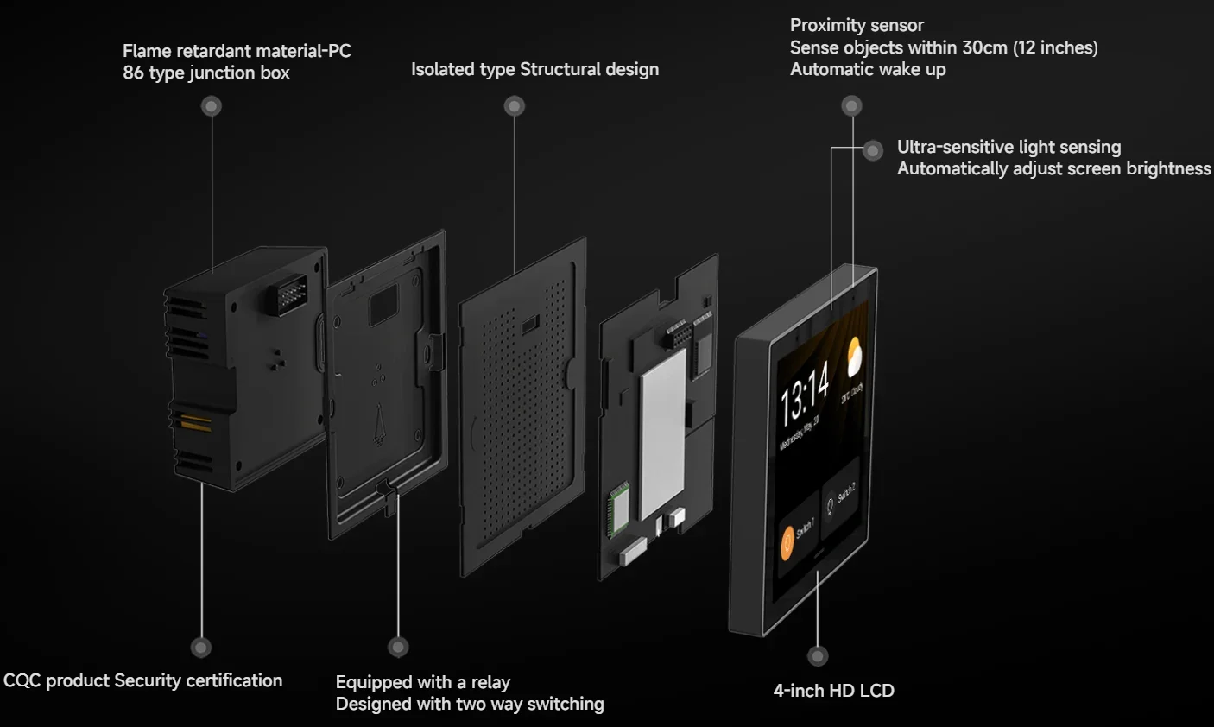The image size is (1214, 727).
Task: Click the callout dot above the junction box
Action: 212,105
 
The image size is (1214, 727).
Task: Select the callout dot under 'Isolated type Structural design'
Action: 515,106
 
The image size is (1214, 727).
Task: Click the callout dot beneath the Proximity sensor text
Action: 851,106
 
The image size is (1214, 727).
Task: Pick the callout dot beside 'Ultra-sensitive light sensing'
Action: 873,151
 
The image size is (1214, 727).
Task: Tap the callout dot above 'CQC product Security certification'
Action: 201,647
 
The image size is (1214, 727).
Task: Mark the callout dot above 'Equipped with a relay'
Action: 398,647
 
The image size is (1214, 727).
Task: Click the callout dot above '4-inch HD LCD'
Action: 818,655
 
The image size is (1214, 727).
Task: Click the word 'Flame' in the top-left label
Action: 147,51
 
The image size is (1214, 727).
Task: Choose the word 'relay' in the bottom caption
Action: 490,682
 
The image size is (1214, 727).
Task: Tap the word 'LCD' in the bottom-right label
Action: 876,691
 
